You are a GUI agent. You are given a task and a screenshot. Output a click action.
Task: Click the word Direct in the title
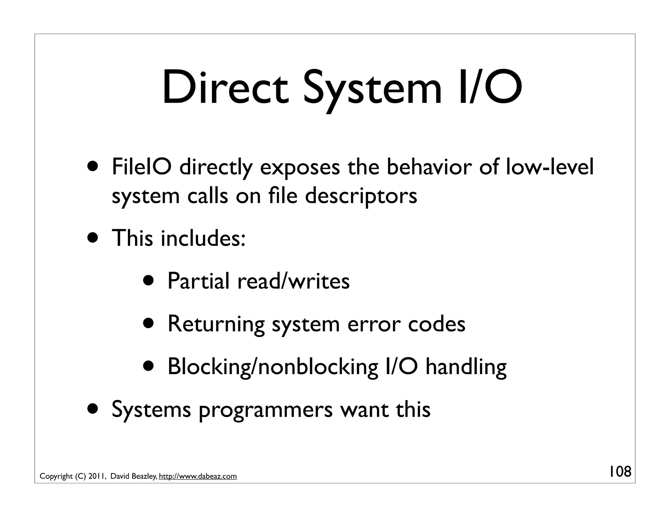click(225, 88)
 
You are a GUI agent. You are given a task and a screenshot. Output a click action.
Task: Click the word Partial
click(198, 281)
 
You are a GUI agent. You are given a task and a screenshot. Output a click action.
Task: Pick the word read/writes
click(293, 281)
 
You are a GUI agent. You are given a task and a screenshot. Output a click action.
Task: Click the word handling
click(466, 367)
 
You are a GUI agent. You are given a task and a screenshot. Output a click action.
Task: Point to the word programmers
click(265, 409)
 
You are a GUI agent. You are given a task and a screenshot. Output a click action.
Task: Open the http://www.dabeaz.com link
click(198, 476)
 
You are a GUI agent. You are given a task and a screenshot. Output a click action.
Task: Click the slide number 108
click(620, 472)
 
